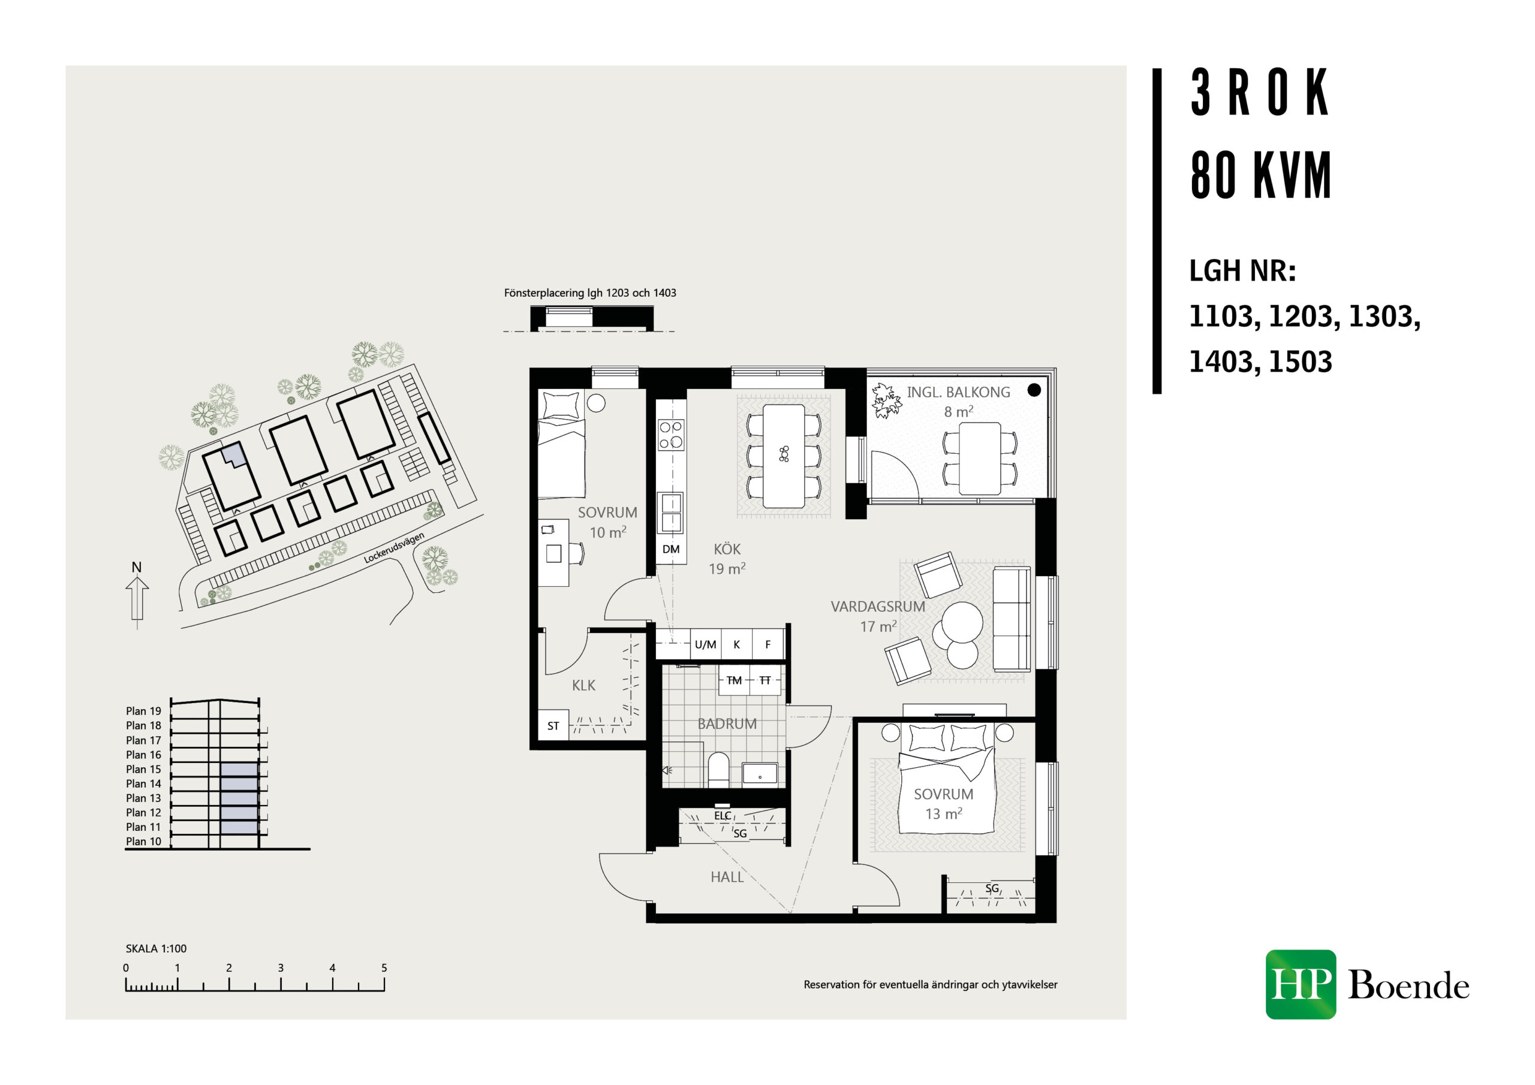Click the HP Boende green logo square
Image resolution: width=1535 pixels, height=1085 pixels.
click(x=1301, y=984)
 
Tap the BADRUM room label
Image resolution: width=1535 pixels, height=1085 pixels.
click(x=727, y=724)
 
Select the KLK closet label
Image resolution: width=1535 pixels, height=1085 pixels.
click(x=583, y=685)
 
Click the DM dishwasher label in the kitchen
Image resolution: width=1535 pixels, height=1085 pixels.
click(x=670, y=550)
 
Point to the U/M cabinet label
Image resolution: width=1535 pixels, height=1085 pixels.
click(x=705, y=644)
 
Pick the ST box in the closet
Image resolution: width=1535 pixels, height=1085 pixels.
click(x=553, y=725)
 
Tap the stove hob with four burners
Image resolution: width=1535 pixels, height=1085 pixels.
click(x=670, y=434)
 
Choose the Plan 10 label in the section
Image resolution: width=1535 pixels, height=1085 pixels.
click(x=143, y=841)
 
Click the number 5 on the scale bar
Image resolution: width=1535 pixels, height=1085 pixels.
click(x=384, y=968)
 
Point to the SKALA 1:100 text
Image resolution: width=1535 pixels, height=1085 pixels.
click(x=156, y=948)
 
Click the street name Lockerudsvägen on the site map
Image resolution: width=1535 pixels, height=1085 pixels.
click(x=394, y=547)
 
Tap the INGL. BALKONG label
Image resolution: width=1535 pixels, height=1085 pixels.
click(x=958, y=393)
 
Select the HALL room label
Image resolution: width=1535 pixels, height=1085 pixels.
click(x=727, y=877)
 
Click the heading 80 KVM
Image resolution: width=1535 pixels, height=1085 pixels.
click(x=1261, y=175)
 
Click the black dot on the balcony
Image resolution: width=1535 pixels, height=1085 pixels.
click(x=1034, y=390)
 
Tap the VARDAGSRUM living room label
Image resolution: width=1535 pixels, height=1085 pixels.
click(x=877, y=607)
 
